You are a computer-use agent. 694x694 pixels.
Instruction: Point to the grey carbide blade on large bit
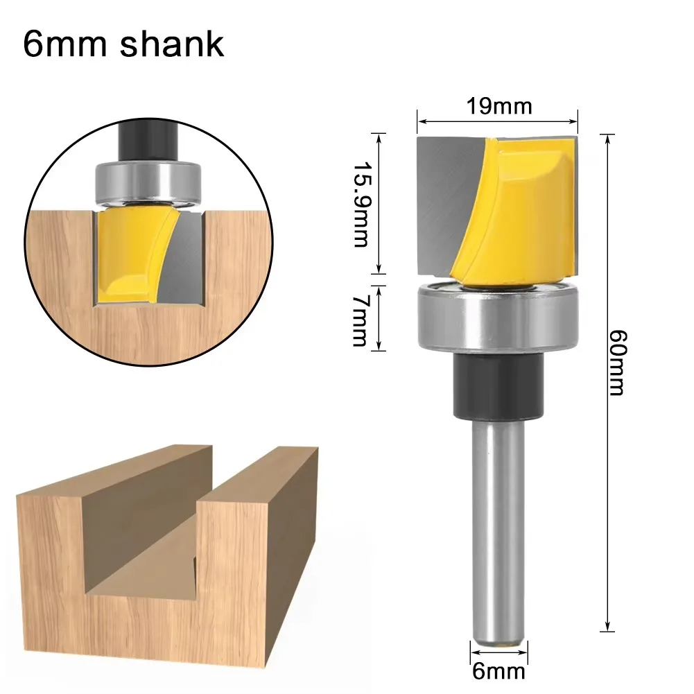tap(440, 201)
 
